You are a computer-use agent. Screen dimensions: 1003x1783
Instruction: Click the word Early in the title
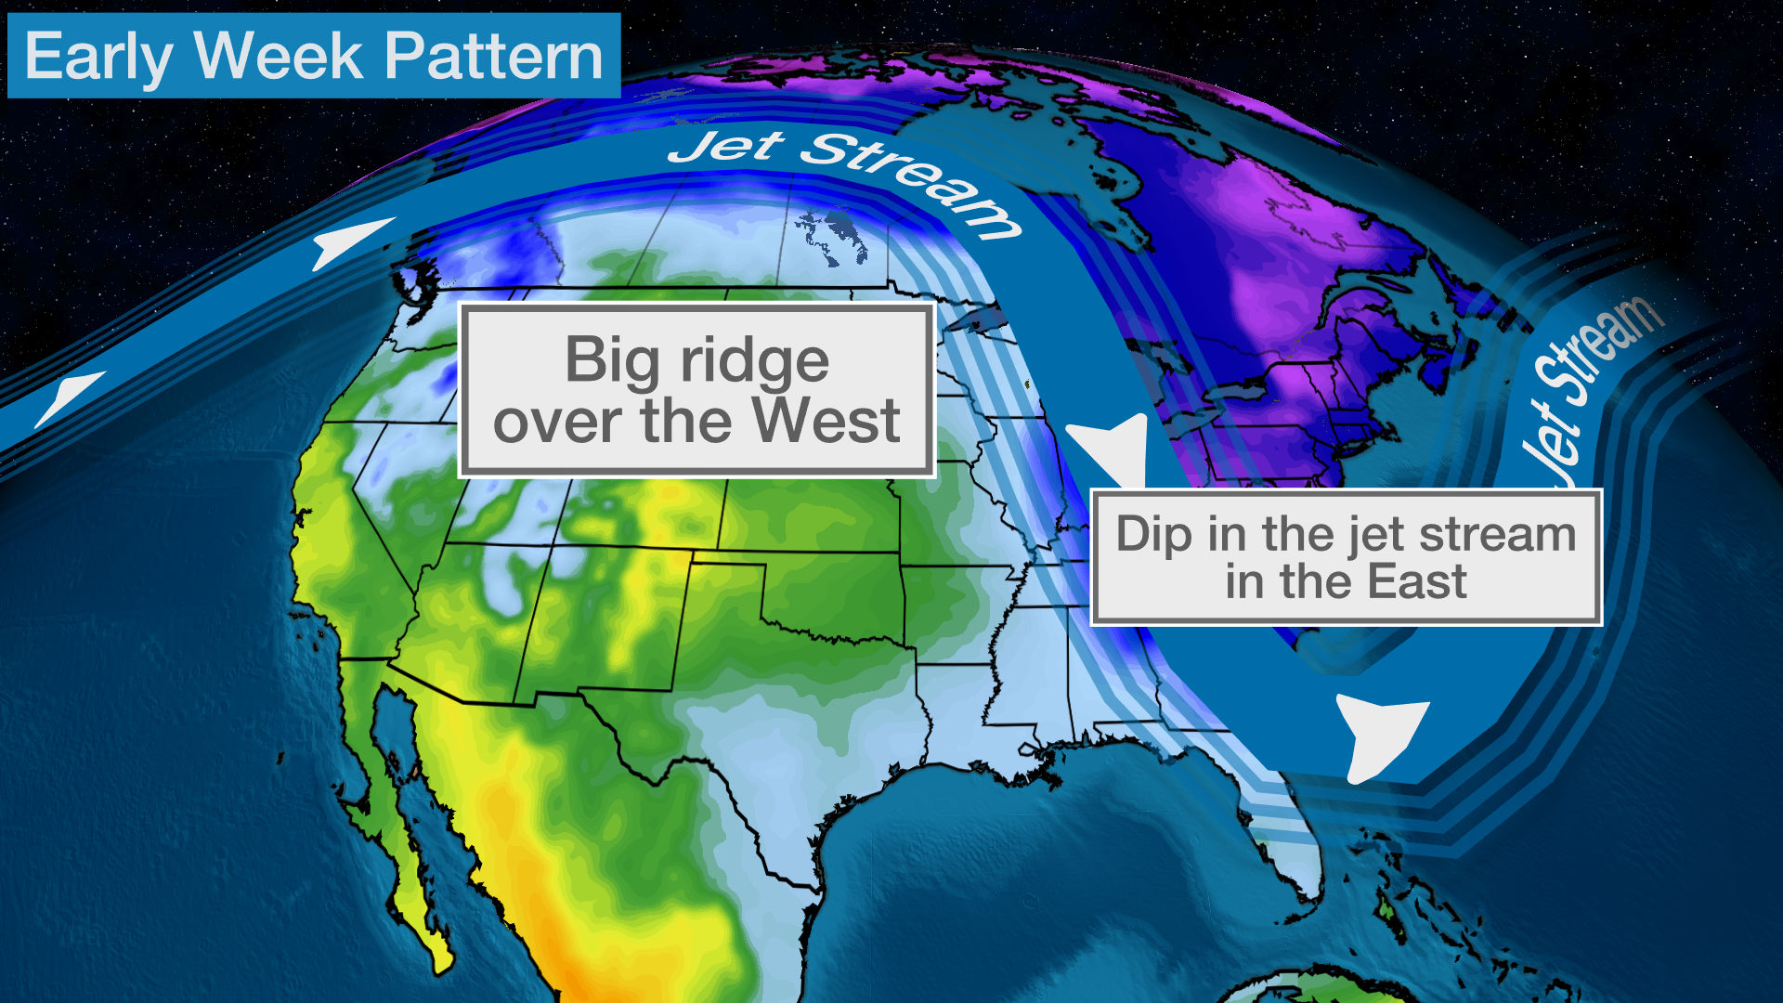point(98,57)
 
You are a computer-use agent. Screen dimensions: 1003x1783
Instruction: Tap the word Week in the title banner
point(278,57)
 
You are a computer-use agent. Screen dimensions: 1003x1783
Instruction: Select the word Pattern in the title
point(494,57)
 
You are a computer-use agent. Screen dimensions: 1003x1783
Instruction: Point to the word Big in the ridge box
point(613,360)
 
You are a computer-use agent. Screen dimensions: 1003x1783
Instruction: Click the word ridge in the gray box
point(754,360)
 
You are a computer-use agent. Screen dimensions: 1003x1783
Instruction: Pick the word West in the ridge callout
point(826,421)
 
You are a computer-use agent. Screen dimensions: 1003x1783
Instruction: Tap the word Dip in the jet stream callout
point(1154,535)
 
